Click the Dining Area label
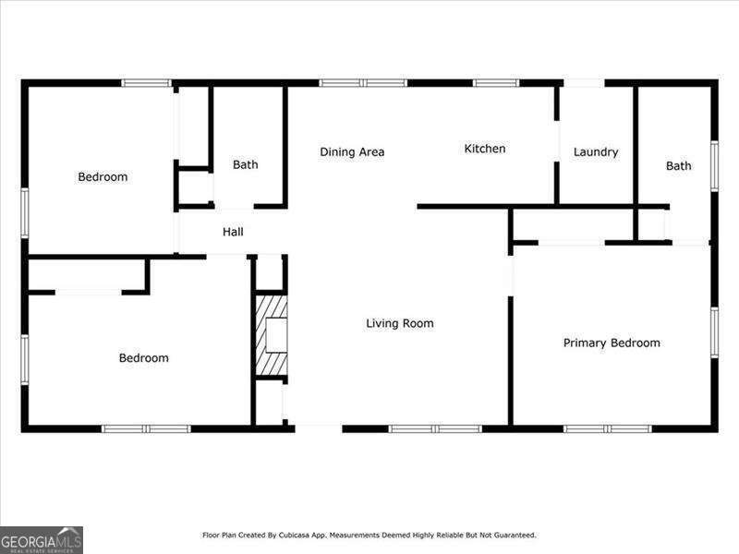[352, 152]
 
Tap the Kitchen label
[484, 149]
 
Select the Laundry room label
[596, 152]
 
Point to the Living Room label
[400, 324]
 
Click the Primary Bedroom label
[612, 343]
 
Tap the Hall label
[233, 232]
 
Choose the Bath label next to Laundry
[679, 166]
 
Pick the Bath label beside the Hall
[246, 165]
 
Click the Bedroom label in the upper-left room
[103, 177]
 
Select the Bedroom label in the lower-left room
[144, 358]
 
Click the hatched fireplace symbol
[272, 335]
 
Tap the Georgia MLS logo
[42, 540]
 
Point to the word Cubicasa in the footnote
[294, 536]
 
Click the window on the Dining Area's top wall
[363, 83]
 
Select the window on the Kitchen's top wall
[496, 83]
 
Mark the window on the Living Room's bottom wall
[435, 428]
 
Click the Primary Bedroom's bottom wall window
[608, 428]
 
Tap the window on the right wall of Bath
[714, 166]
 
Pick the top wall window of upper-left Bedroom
[147, 83]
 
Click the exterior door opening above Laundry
[584, 83]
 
